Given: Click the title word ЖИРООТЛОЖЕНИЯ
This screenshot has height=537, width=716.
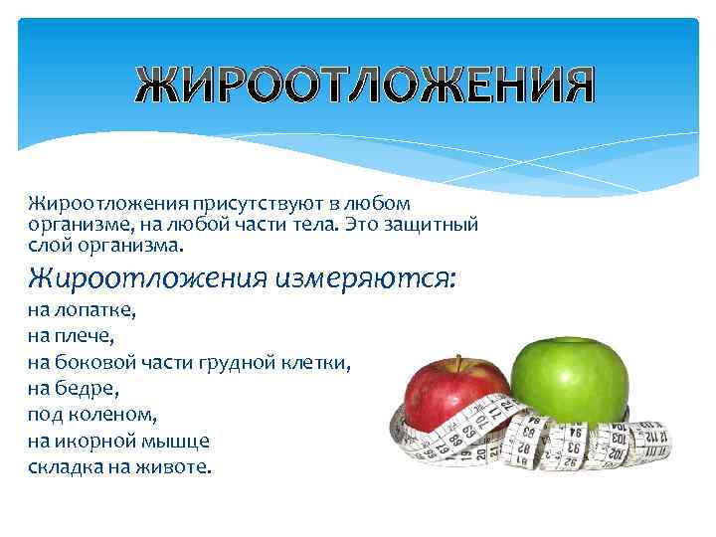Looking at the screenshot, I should pyautogui.click(x=365, y=88).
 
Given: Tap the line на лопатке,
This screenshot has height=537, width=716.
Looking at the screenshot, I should pyautogui.click(x=83, y=309).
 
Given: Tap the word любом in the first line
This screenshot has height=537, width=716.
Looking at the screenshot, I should pyautogui.click(x=372, y=204).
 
